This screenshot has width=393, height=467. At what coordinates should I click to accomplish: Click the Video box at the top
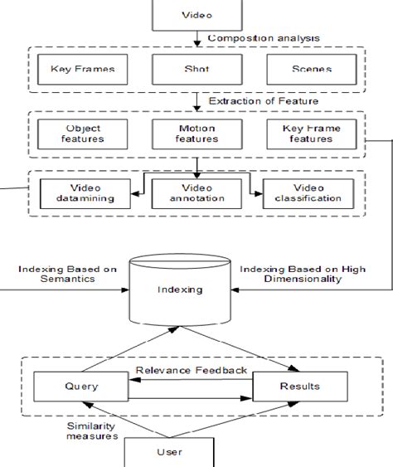(196, 15)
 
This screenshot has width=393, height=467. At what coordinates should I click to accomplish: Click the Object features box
(82, 134)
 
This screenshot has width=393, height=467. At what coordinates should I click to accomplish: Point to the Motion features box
(196, 134)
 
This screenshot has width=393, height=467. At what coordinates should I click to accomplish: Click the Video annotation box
(196, 192)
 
